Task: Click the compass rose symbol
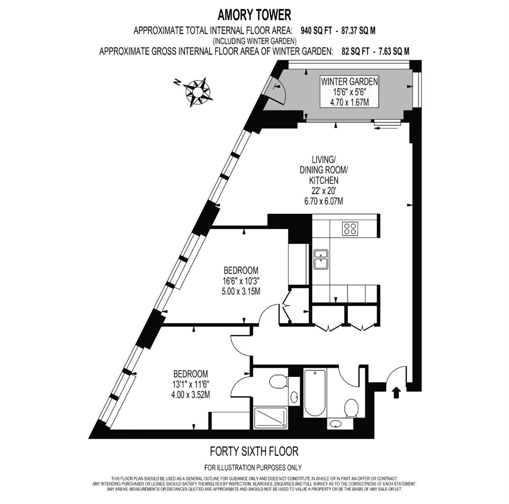198,91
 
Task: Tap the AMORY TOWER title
254,14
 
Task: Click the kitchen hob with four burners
350,228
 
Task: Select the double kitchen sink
321,259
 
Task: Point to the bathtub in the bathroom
315,392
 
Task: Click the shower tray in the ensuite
271,417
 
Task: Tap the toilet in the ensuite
278,381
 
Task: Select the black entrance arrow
396,392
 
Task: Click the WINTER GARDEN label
349,82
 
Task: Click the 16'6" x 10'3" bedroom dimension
241,281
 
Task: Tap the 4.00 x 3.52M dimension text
190,395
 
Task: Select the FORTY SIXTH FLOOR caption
254,452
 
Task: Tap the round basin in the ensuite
294,398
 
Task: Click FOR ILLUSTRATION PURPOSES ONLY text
253,467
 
